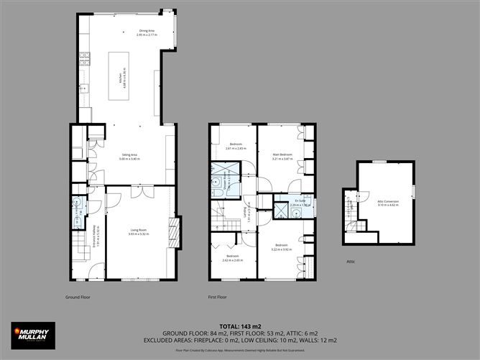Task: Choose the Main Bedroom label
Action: point(282,157)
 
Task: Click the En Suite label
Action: point(300,203)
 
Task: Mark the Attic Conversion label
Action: point(387,203)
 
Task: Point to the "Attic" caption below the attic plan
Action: point(351,262)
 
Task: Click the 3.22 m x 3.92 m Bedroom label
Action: point(282,249)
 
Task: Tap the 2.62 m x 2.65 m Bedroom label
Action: point(232,259)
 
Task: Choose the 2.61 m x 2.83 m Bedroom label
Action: point(236,147)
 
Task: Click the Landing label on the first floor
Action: point(248,215)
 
